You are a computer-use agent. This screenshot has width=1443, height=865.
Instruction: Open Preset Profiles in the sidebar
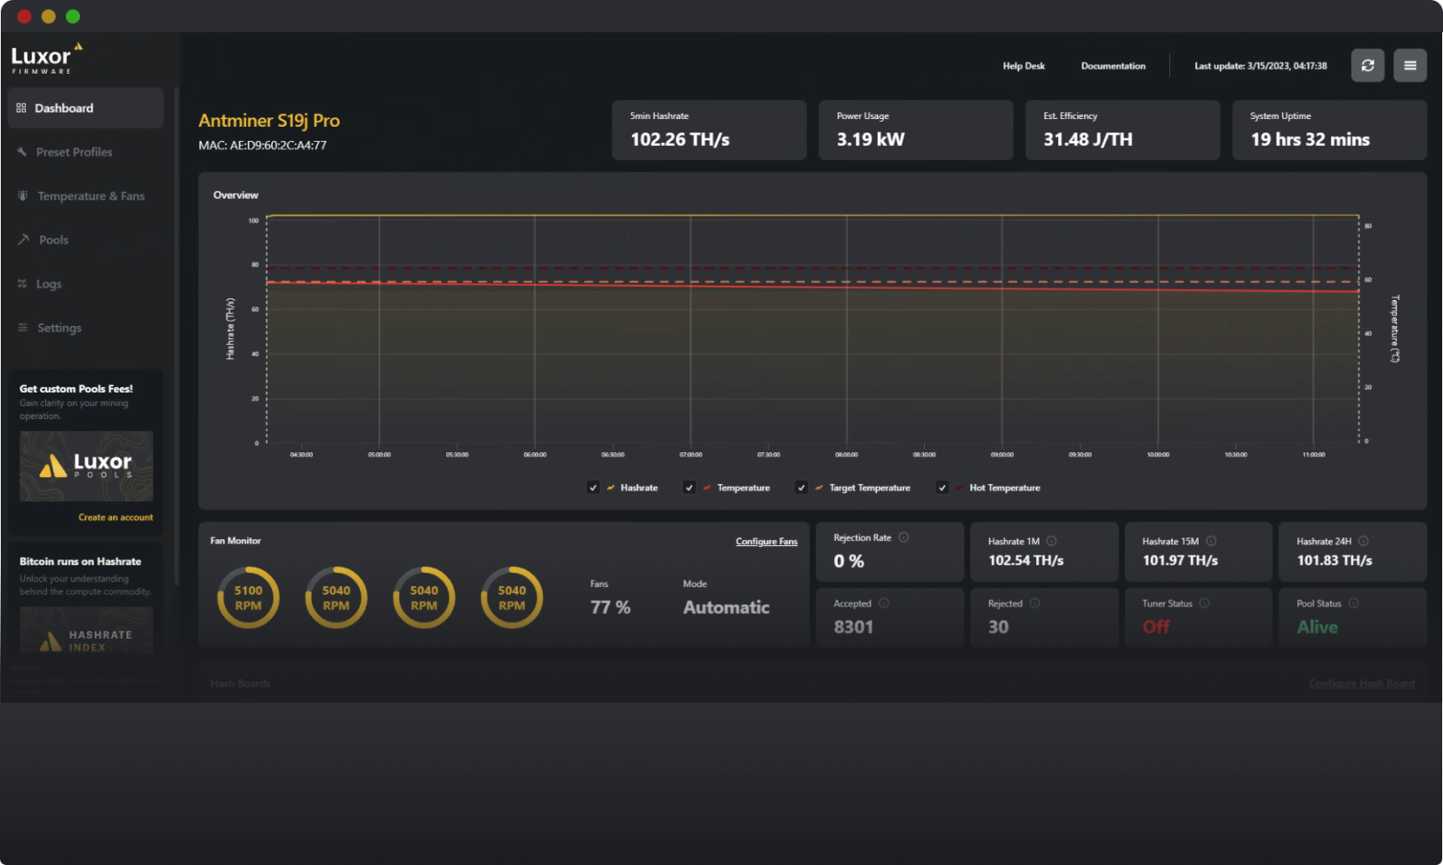[x=74, y=152]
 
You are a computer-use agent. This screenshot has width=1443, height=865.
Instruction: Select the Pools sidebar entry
[x=53, y=240]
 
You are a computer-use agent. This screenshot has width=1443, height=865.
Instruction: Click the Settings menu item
[x=59, y=328]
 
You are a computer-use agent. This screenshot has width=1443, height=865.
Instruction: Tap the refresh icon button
[x=1367, y=66]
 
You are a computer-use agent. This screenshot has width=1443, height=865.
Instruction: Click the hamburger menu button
[x=1409, y=66]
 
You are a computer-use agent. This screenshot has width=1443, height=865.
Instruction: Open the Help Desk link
[x=1024, y=66]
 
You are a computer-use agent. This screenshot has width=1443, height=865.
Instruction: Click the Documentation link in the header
[x=1112, y=66]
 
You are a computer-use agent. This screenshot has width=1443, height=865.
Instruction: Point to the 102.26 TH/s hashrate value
[x=680, y=139]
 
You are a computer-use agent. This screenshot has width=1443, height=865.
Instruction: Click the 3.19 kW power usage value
[x=870, y=139]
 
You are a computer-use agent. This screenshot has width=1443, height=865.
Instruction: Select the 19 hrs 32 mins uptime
[x=1310, y=139]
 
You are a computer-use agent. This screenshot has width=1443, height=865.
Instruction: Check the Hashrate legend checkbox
[x=594, y=488]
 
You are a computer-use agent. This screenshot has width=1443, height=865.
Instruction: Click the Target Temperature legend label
[x=869, y=488]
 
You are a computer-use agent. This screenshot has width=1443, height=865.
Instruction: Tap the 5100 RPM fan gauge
[x=248, y=598]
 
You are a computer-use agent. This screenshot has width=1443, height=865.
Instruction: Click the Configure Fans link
[x=766, y=542]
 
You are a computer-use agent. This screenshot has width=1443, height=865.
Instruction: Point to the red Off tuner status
[x=1155, y=627]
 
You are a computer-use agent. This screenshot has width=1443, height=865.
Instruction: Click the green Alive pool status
[x=1317, y=627]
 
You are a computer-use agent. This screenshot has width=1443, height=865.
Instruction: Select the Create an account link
[x=116, y=517]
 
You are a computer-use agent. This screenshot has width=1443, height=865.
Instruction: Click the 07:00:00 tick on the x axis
[x=690, y=454]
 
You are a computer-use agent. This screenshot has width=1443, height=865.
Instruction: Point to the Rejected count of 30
[x=998, y=627]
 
